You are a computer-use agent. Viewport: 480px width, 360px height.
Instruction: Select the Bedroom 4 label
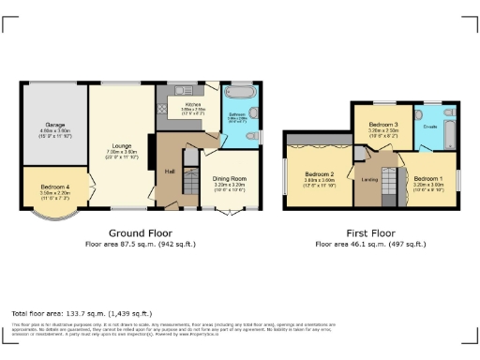[54, 187]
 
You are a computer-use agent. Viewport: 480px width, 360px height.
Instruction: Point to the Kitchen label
[192, 105]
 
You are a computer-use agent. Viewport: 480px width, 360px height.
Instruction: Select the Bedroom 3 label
[382, 125]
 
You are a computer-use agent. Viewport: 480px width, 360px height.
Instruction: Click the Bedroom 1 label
[428, 178]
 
